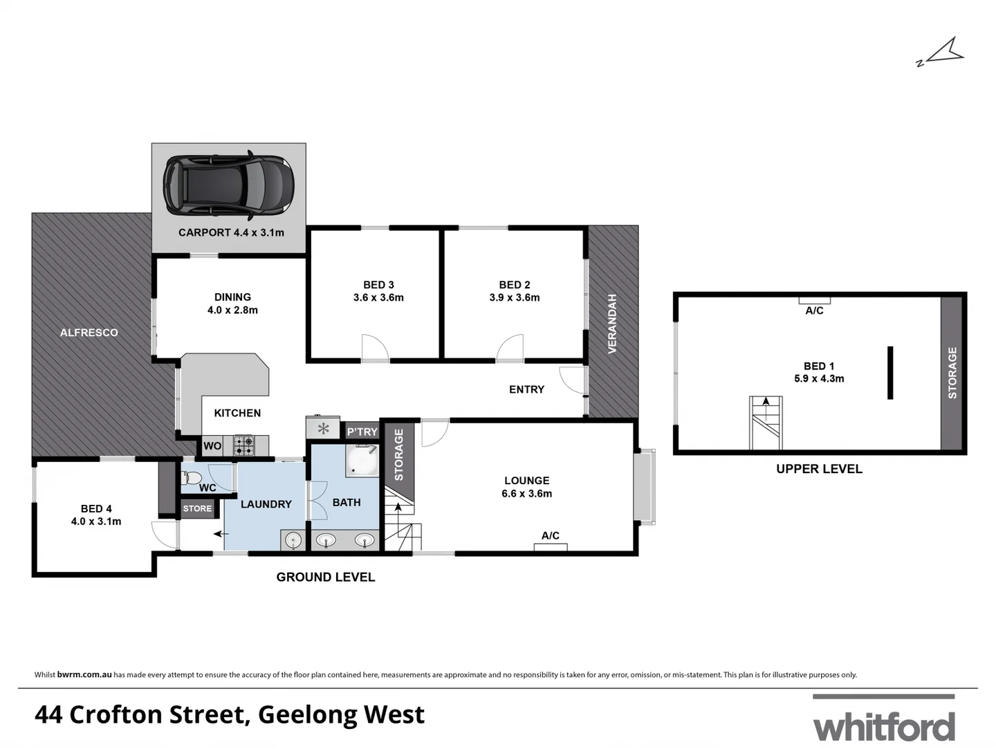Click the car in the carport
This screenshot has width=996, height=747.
click(x=228, y=183)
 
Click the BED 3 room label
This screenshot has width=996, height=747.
click(x=378, y=284)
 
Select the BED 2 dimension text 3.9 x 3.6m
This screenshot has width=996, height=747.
click(x=514, y=297)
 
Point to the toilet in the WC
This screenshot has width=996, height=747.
click(x=192, y=477)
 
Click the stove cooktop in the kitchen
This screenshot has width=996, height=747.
click(x=243, y=445)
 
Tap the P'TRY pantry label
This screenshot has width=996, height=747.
click(x=362, y=432)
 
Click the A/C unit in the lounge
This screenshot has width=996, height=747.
click(x=551, y=547)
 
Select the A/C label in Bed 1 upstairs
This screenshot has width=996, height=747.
click(x=814, y=311)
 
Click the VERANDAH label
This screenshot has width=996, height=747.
click(x=612, y=324)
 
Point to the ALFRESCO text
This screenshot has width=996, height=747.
click(x=89, y=333)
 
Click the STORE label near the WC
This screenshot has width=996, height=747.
click(x=197, y=508)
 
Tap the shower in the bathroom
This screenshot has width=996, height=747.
click(x=362, y=461)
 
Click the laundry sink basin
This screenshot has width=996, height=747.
click(x=293, y=540)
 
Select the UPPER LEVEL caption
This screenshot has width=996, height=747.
click(x=819, y=469)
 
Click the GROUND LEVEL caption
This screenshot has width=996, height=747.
click(x=325, y=577)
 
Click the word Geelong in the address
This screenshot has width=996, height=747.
click(x=307, y=714)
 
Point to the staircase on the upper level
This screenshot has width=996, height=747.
click(x=766, y=423)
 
